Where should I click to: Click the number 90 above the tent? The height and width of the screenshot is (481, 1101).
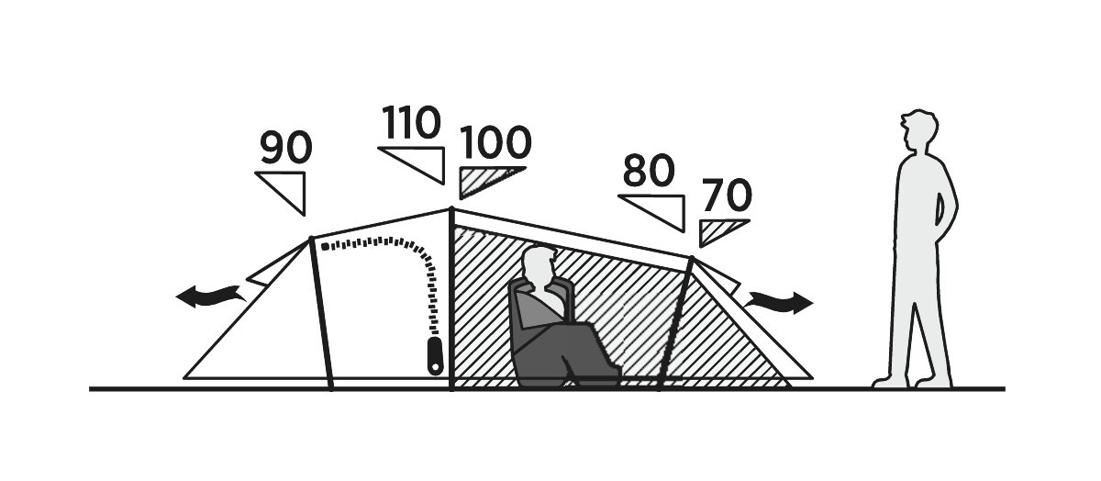[x=286, y=147]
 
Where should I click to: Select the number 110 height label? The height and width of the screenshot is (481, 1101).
[x=411, y=122]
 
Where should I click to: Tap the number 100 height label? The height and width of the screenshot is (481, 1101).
[x=495, y=142]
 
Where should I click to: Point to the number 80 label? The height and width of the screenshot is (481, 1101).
[x=649, y=170]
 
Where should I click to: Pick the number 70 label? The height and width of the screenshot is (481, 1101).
[x=727, y=195]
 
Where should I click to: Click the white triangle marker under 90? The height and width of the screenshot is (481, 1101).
[x=285, y=193]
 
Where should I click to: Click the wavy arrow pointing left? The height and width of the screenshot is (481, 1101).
[x=211, y=296]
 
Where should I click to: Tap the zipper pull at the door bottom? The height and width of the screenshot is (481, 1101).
[x=435, y=355]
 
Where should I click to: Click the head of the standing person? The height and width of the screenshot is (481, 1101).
[x=918, y=130]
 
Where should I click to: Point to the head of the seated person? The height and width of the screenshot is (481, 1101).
[x=539, y=264]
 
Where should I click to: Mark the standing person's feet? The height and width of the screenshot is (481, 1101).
[x=912, y=381]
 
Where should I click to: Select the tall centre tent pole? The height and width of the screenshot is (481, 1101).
[x=452, y=299]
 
